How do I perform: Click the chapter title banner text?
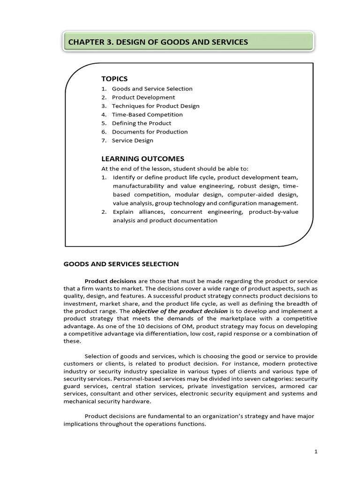point(158,43)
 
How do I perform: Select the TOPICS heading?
point(114,78)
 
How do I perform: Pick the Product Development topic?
point(143,97)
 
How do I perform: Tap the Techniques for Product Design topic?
point(155,106)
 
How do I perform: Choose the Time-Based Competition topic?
point(147,114)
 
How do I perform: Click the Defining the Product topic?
point(142,123)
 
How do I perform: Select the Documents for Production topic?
point(150,132)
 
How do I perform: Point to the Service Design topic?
point(132,140)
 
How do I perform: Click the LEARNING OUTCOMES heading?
point(142,159)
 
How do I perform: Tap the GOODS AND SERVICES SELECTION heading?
point(121,264)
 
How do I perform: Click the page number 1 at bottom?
point(316,451)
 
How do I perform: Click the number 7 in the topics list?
point(104,140)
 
